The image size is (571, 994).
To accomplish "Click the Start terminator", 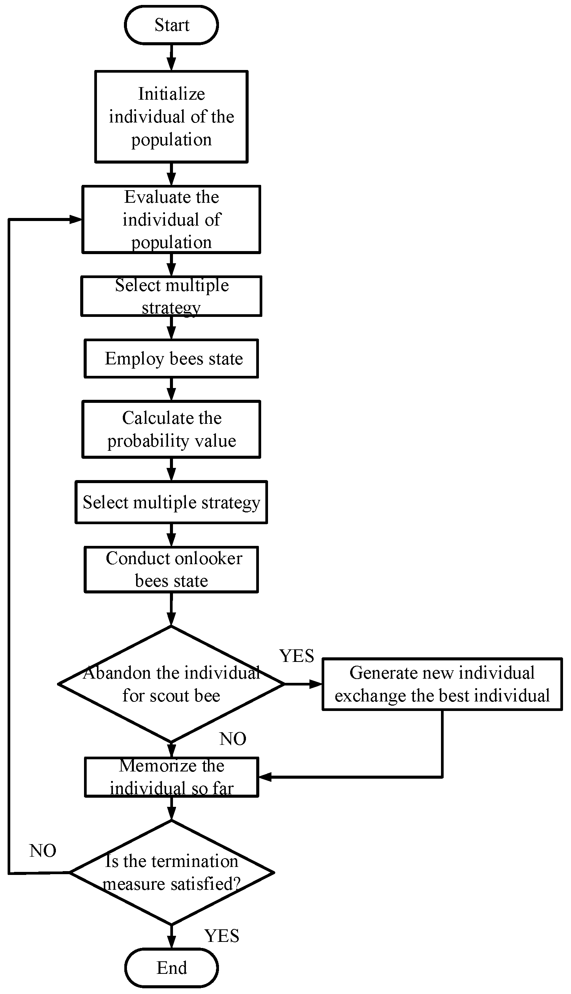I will pyautogui.click(x=171, y=25).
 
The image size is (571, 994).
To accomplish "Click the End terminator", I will pyautogui.click(x=171, y=968).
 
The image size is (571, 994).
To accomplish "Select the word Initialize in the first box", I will pyautogui.click(x=171, y=94).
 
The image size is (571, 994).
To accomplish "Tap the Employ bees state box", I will pyautogui.click(x=171, y=359).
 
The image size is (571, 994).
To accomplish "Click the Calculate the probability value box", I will pyautogui.click(x=171, y=429).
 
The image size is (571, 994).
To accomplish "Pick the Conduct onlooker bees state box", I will pyautogui.click(x=171, y=569).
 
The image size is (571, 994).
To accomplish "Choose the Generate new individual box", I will pyautogui.click(x=442, y=684).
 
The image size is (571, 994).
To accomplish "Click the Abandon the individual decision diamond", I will pyautogui.click(x=171, y=684).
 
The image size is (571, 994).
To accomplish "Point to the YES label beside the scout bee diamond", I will pyautogui.click(x=297, y=656).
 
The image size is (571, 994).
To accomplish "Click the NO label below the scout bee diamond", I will pyautogui.click(x=233, y=739).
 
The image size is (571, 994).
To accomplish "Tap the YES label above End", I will pyautogui.click(x=222, y=936).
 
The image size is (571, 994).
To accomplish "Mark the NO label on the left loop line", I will pyautogui.click(x=43, y=851).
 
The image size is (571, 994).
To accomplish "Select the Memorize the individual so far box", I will pyautogui.click(x=171, y=777).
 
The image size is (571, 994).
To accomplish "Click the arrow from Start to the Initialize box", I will pyautogui.click(x=171, y=58).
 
